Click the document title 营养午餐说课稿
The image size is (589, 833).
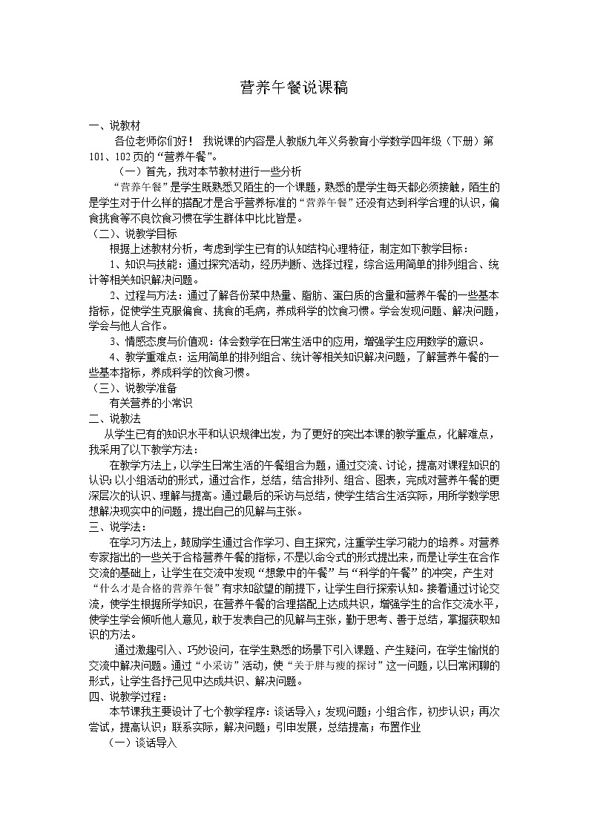tap(294, 88)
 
